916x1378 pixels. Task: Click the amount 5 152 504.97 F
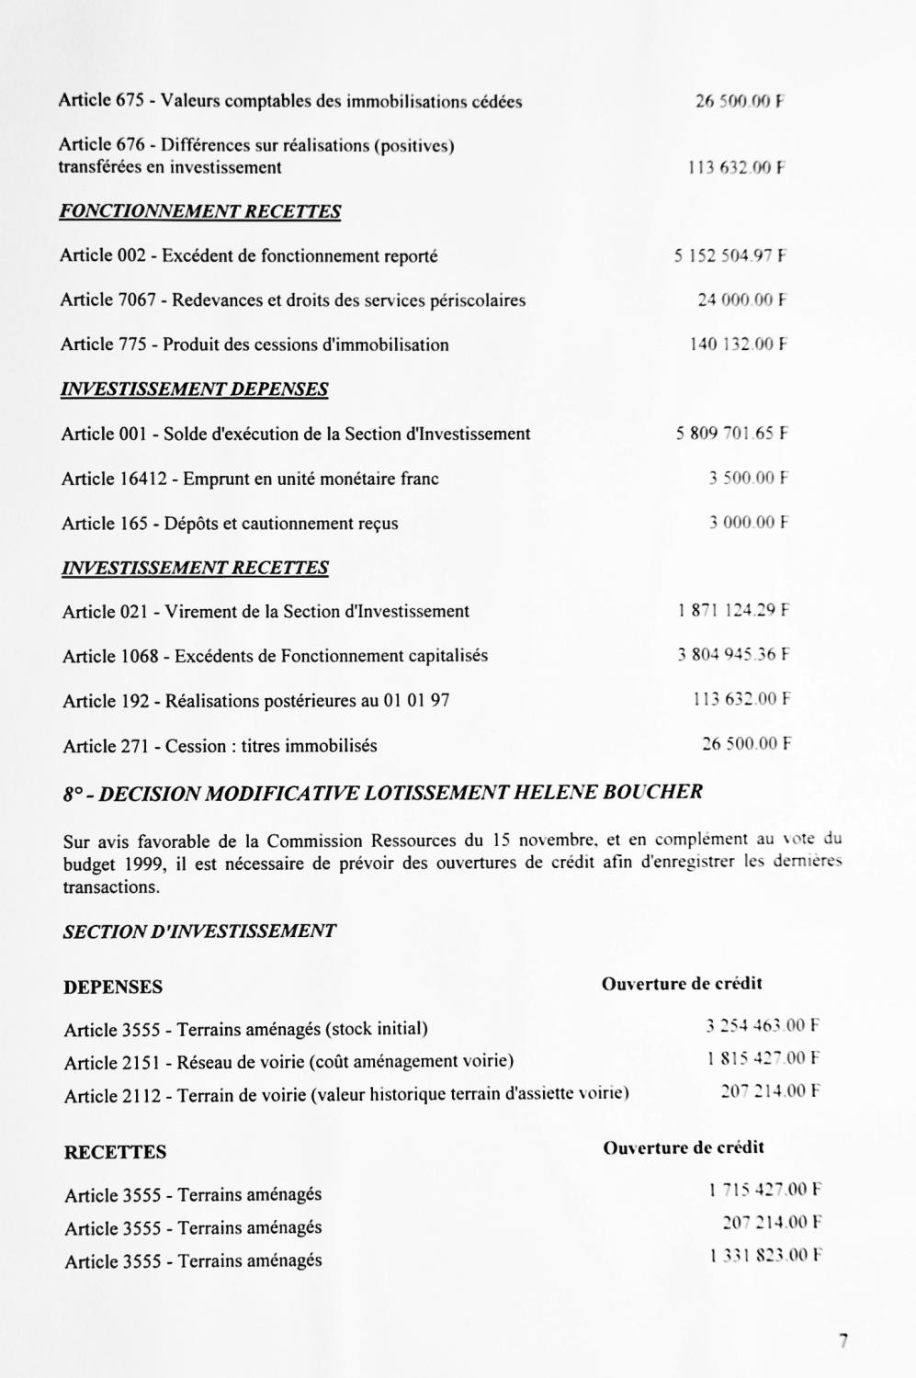point(730,256)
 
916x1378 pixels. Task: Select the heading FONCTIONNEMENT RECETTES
point(200,212)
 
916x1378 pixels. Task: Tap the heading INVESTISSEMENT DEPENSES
point(194,390)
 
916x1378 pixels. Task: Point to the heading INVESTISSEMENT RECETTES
point(195,568)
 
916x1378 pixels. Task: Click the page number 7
point(842,1340)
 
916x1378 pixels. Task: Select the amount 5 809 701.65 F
point(732,434)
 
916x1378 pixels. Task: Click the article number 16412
point(145,479)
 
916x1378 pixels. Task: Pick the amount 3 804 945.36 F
point(733,655)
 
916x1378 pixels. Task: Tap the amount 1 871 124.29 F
point(733,610)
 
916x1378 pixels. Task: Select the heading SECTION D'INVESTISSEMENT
point(199,932)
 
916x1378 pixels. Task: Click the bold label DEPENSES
point(113,988)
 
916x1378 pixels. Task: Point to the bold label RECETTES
point(116,1152)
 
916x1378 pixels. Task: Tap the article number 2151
point(141,1063)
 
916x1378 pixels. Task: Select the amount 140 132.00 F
point(739,344)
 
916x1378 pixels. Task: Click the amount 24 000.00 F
point(742,299)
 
